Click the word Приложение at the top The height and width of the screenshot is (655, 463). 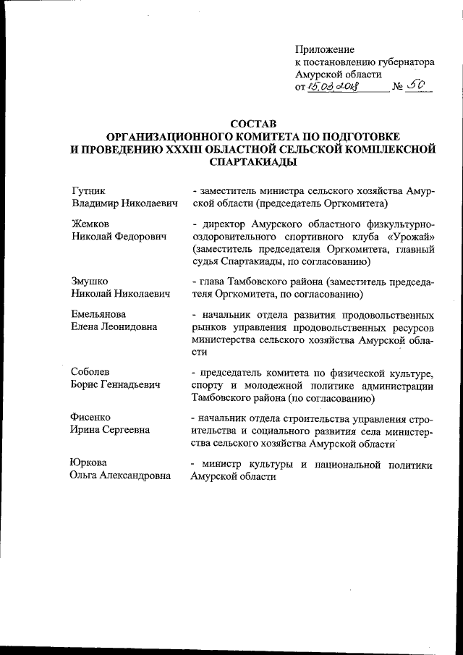(x=325, y=49)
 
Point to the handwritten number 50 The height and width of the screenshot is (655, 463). (x=417, y=86)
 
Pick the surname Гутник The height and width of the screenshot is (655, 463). (x=88, y=190)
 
